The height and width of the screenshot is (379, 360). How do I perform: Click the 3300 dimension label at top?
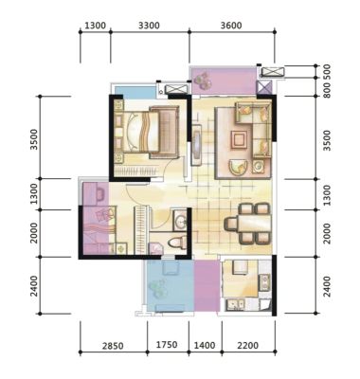pyautogui.click(x=149, y=26)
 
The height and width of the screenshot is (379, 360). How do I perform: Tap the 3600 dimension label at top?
pyautogui.click(x=231, y=26)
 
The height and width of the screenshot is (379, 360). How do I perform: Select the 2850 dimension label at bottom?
pyautogui.click(x=113, y=346)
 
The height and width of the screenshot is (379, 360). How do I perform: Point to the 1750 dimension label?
pyautogui.click(x=167, y=345)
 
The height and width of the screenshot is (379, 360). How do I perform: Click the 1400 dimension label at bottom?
pyautogui.click(x=205, y=345)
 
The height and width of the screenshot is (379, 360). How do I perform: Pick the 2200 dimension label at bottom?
pyautogui.click(x=248, y=346)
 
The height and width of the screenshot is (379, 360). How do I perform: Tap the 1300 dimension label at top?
pyautogui.click(x=96, y=26)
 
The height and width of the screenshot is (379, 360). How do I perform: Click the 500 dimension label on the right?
pyautogui.click(x=327, y=71)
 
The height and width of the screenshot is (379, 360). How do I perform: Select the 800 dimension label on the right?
pyautogui.click(x=327, y=90)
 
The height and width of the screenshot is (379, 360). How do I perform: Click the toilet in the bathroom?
pyautogui.click(x=177, y=243)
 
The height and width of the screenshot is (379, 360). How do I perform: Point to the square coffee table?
pyautogui.click(x=239, y=139)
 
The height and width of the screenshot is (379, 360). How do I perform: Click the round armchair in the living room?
pyautogui.click(x=238, y=167)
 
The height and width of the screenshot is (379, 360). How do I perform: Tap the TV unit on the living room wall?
pyautogui.click(x=197, y=145)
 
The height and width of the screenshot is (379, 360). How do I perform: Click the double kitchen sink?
pyautogui.click(x=235, y=304)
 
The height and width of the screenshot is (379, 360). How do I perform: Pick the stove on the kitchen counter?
pyautogui.click(x=264, y=282)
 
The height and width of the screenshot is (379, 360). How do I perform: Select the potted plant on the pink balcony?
pyautogui.click(x=203, y=81)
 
